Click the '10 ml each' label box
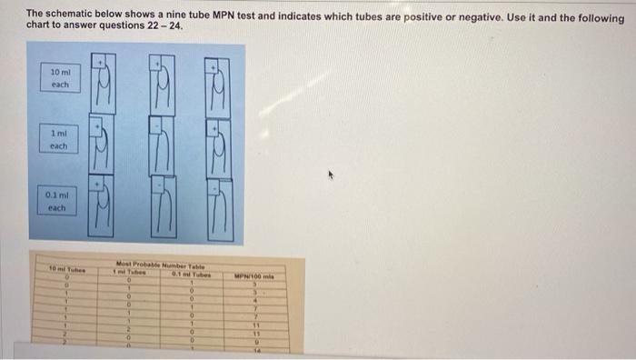[60, 78]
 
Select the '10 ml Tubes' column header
[65, 267]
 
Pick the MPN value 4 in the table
[256, 299]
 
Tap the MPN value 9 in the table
[256, 342]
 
